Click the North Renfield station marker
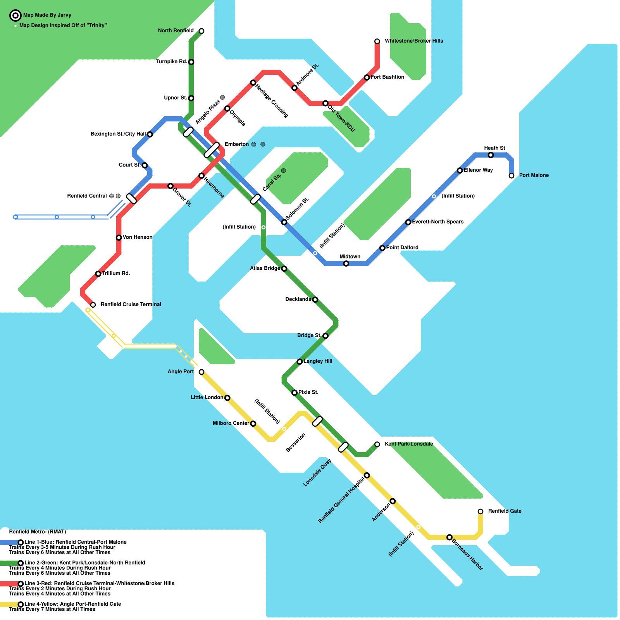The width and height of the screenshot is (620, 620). click(201, 31)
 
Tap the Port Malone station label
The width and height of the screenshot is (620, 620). click(534, 175)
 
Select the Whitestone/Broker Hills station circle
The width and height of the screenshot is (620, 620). click(377, 41)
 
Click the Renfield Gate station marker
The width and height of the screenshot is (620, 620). click(480, 511)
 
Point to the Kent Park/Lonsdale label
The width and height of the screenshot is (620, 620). click(409, 444)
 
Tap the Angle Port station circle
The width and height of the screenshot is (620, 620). click(201, 372)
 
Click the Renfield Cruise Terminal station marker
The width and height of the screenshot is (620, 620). click(93, 305)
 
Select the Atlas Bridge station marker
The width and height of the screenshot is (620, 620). click(284, 269)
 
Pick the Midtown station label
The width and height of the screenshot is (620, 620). click(350, 257)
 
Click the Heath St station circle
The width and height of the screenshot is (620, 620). click(491, 155)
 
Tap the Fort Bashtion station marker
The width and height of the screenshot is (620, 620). click(367, 77)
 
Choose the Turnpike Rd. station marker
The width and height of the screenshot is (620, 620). click(191, 62)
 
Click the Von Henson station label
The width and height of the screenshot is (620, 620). click(138, 237)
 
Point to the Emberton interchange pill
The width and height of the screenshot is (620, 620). click(212, 150)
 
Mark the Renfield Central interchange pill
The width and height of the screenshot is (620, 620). click(131, 199)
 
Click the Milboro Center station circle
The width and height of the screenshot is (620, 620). click(253, 424)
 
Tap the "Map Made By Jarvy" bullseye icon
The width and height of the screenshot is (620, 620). click(15, 15)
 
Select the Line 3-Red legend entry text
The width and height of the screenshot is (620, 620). click(99, 583)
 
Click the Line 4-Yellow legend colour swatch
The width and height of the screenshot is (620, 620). click(9, 604)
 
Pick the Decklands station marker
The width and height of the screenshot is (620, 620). click(315, 300)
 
